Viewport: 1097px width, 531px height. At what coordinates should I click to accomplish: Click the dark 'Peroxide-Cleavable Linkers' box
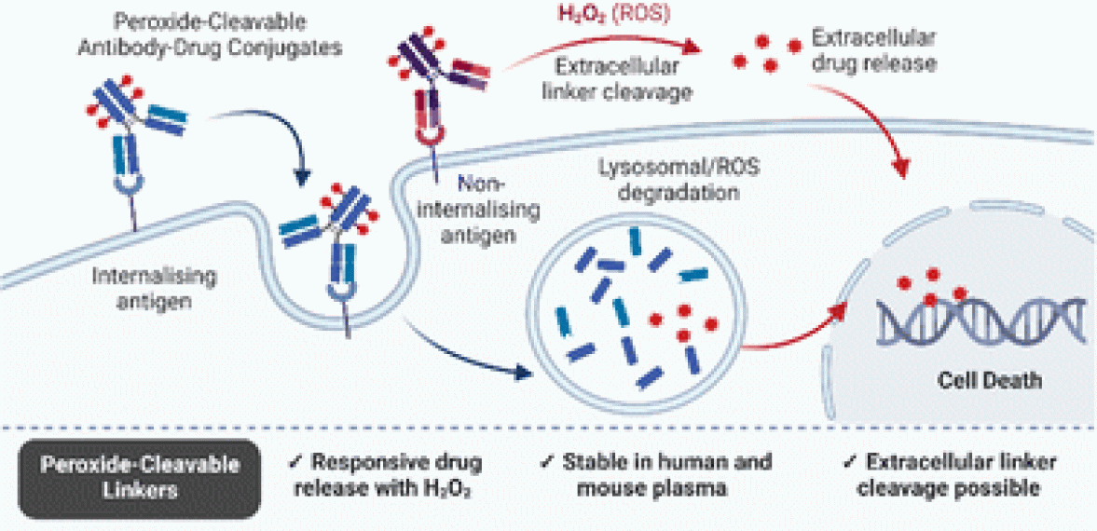139,475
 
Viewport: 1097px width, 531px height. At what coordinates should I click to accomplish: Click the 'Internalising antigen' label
155,289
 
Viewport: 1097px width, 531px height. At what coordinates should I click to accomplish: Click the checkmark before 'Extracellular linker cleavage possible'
849,462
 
